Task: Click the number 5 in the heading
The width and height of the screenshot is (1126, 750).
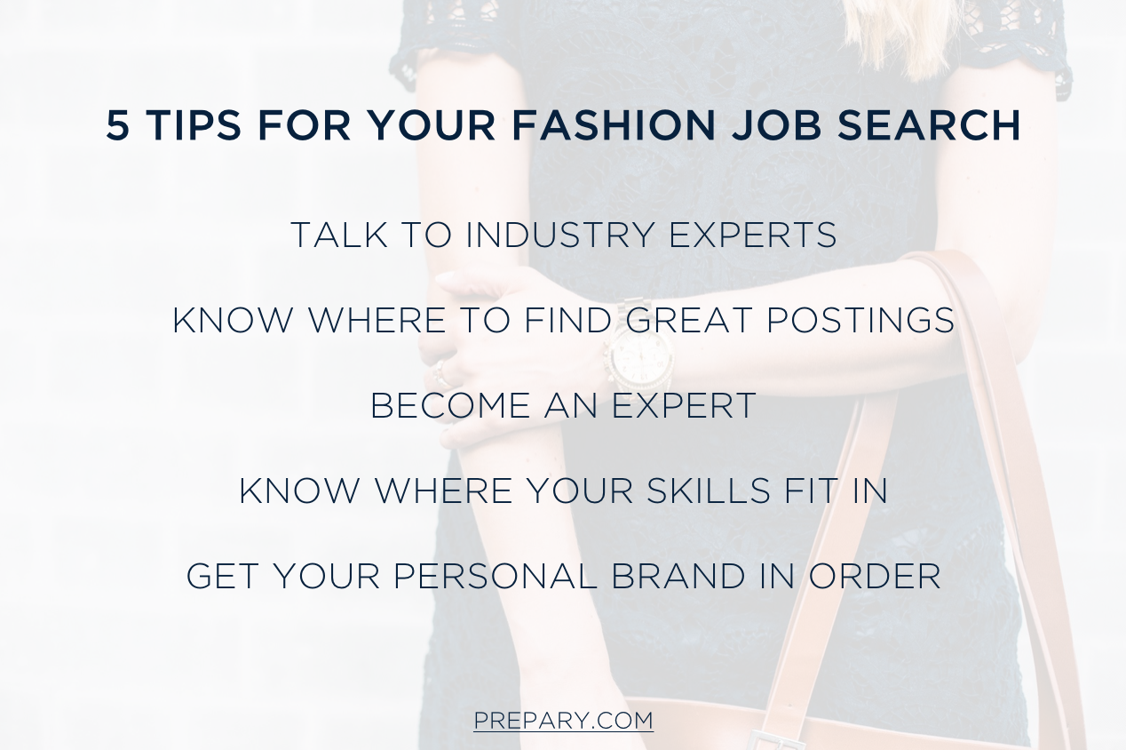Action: [x=117, y=126]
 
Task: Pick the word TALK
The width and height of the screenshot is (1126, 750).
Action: [x=330, y=235]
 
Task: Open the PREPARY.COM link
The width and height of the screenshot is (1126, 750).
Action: [x=563, y=720]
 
